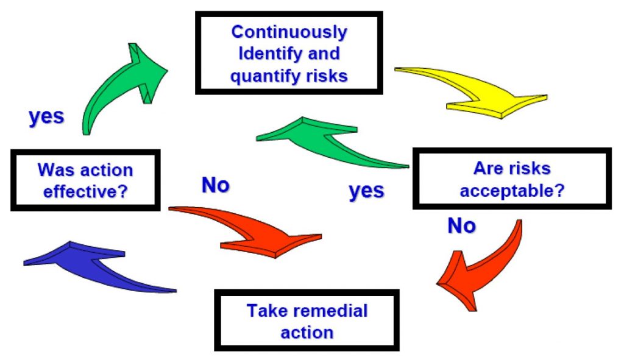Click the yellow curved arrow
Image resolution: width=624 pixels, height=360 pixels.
point(481,91)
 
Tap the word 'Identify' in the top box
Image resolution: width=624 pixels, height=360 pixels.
point(263,54)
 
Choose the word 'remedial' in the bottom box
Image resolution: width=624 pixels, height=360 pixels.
point(330,311)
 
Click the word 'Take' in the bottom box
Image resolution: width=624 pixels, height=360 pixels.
point(266,311)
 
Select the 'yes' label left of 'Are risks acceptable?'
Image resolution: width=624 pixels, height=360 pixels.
point(366,191)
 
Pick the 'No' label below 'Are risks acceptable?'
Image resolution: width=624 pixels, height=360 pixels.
point(461,226)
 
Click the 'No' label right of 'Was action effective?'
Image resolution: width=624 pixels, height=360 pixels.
point(215,185)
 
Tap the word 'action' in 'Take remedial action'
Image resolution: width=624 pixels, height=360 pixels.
point(307,333)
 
